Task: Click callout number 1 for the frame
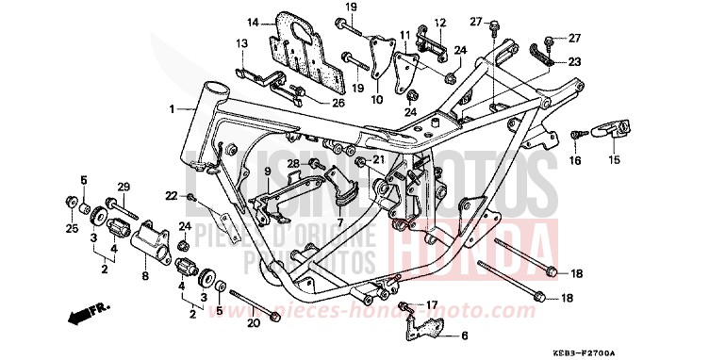point(172,109)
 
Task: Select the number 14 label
point(254,23)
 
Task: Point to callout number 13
point(241,43)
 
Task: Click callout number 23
point(575,61)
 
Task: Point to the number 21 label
point(378,159)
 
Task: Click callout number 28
point(292,164)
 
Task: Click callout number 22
point(172,195)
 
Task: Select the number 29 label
point(122,187)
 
